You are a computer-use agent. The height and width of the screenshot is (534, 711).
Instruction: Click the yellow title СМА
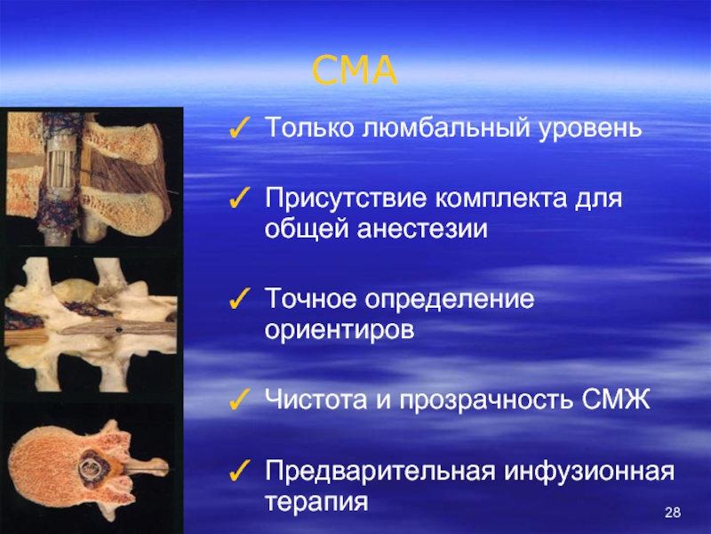(355, 70)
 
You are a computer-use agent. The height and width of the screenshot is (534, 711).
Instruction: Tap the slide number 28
(673, 513)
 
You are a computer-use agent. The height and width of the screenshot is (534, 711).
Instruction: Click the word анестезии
(422, 230)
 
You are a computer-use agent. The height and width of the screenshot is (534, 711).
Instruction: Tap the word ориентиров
(340, 330)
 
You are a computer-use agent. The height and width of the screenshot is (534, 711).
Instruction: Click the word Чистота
(316, 400)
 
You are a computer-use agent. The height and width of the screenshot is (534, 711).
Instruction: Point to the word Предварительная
(379, 472)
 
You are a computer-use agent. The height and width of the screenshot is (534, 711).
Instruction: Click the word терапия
(316, 503)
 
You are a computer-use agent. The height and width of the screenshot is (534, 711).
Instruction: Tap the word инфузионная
(589, 472)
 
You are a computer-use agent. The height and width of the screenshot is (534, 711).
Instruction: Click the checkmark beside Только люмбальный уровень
(239, 127)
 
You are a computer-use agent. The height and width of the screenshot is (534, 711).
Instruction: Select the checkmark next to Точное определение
(239, 299)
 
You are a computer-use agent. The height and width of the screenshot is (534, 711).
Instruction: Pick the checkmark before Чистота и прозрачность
(239, 400)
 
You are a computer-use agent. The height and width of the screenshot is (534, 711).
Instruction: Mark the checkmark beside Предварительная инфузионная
(239, 471)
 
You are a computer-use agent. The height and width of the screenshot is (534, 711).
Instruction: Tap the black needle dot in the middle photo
(119, 329)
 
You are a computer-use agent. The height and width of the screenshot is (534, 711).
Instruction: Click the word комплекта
(501, 198)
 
